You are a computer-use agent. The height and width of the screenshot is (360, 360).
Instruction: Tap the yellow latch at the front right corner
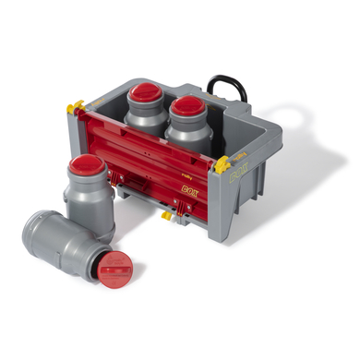point(222,167)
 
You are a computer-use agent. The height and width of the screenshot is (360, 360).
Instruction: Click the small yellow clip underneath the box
point(166,216)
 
